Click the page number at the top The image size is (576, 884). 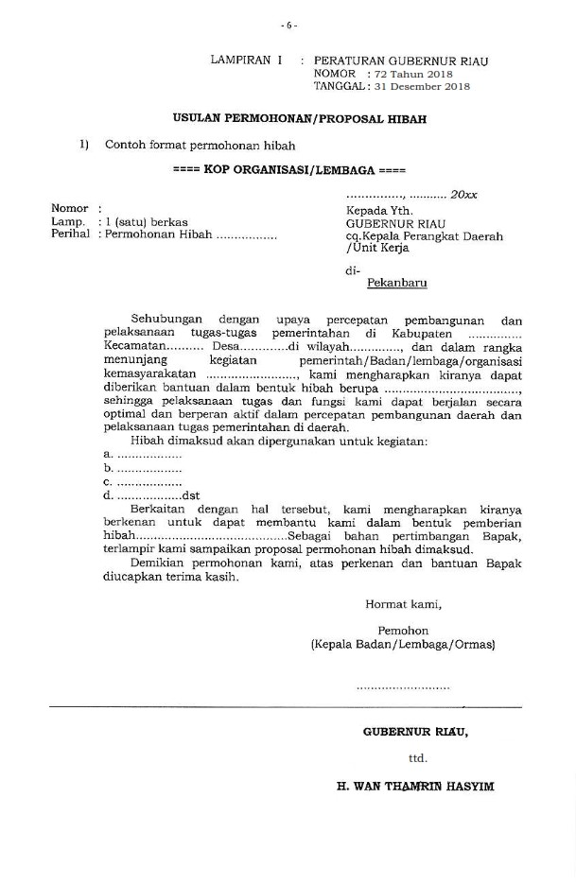coord(288,25)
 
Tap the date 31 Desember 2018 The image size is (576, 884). coord(417,86)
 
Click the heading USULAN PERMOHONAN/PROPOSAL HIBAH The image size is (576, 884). coord(299,119)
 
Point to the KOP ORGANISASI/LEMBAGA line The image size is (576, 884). coord(289,171)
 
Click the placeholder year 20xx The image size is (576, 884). coord(463,194)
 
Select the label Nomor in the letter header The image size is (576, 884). coord(70,209)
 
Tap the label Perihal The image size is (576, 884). coord(71,234)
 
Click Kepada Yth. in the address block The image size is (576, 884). coord(380,210)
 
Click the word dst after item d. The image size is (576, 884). coord(191,494)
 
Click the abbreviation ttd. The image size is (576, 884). coord(417,757)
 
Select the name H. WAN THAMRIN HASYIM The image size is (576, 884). coord(415,786)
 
